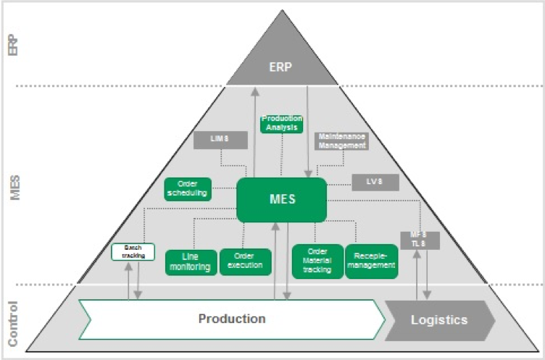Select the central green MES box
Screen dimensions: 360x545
282,198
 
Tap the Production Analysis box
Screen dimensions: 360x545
281,123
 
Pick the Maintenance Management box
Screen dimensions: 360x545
341,141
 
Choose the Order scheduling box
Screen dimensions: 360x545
188,188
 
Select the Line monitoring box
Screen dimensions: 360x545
191,262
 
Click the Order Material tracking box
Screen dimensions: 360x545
317,261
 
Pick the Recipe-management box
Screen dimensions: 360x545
371,261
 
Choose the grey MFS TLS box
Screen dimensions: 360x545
417,240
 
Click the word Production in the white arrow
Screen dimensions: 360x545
232,319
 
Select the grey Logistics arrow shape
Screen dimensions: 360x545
439,319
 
